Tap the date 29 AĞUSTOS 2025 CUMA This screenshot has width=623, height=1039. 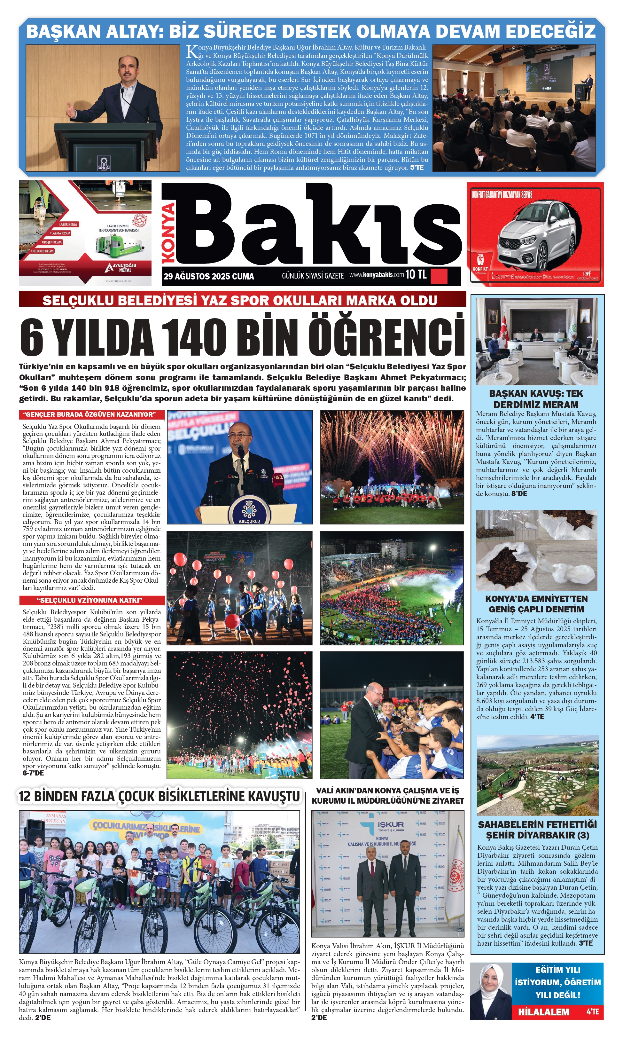[x=209, y=276]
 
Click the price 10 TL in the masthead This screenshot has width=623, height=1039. [x=416, y=275]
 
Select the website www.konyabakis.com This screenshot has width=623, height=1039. [x=376, y=275]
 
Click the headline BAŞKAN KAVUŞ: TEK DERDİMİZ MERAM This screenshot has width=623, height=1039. [x=536, y=399]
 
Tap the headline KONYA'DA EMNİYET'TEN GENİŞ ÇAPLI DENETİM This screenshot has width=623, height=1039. [x=536, y=604]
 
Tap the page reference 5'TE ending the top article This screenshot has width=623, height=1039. [x=417, y=168]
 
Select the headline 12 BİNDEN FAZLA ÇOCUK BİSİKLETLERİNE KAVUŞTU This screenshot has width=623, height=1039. [x=160, y=796]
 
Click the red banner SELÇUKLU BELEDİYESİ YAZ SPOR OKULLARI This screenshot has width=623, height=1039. [x=240, y=300]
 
